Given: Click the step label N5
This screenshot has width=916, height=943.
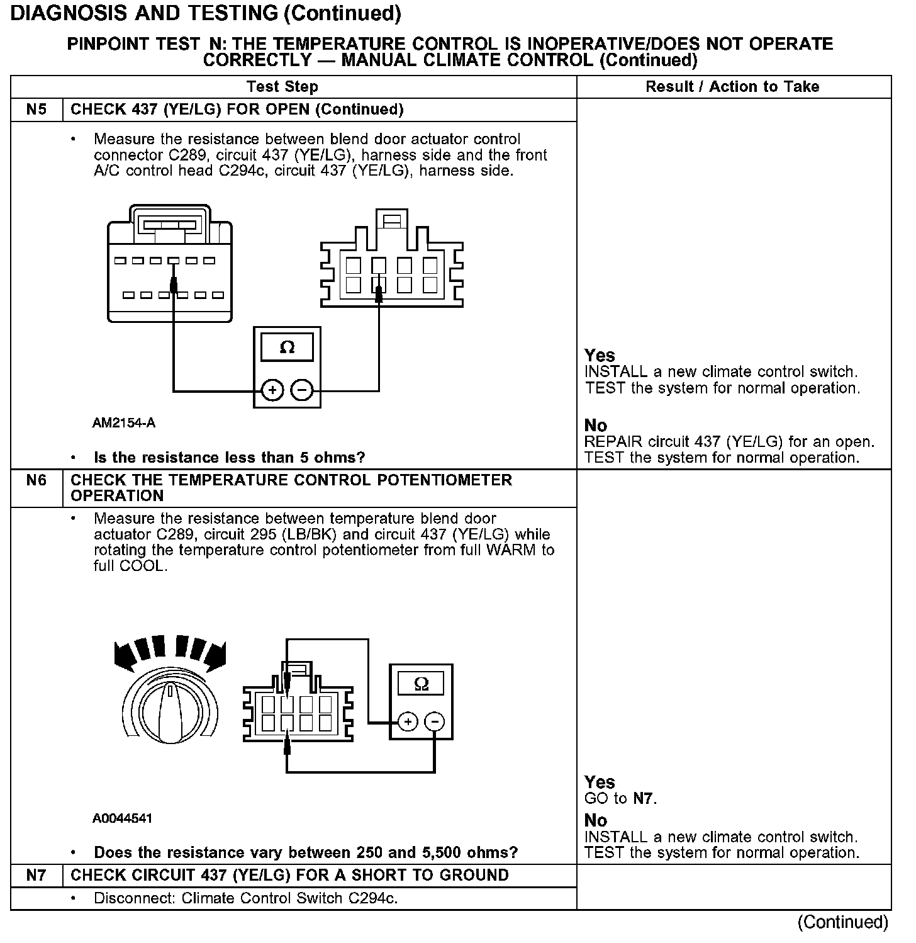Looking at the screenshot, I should click(36, 110).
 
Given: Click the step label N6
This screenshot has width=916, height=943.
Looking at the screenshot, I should click(36, 480).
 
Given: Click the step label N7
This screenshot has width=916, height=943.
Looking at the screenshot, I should click(36, 875).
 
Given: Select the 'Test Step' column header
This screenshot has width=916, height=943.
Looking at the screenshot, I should click(282, 87).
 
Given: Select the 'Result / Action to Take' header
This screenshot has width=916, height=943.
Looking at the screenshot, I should click(732, 87).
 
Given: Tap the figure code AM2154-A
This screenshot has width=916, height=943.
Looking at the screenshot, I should click(124, 423).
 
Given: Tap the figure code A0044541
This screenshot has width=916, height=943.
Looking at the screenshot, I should click(122, 818).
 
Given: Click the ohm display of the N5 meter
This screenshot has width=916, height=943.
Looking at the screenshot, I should click(287, 347).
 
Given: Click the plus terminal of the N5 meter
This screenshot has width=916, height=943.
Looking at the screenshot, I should click(272, 391).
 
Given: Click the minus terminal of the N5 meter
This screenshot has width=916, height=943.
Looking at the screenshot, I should click(303, 391).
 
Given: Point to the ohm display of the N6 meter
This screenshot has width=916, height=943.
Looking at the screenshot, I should click(422, 684).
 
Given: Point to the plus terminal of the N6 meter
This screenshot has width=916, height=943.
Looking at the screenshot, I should click(408, 721).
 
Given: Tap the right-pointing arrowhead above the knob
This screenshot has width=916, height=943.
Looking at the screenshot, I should click(216, 655).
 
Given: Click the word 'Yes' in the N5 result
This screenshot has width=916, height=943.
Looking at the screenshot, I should click(599, 355).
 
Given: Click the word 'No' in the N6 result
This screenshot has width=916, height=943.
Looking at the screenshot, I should click(596, 820).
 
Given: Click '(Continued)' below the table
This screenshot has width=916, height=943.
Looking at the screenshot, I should click(842, 922).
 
